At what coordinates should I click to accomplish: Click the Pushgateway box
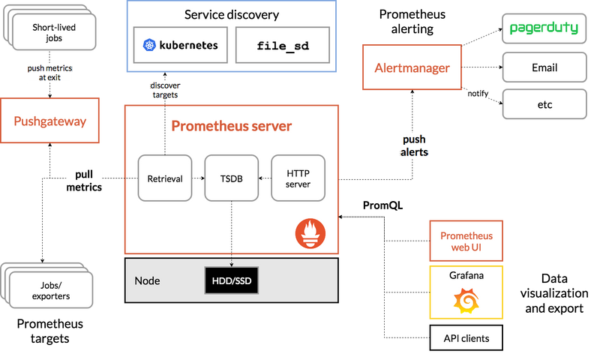[50, 121]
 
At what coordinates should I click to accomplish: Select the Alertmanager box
[412, 68]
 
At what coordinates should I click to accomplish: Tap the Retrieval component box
[165, 178]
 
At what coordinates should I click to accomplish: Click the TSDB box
[231, 178]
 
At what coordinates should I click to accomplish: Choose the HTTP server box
[298, 178]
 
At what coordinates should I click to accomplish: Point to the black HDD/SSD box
[231, 280]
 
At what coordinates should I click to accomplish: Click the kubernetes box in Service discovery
[180, 46]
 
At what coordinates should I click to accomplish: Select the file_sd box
[282, 46]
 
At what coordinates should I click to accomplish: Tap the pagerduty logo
[544, 28]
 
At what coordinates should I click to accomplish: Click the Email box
[544, 67]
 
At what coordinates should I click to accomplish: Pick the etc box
[544, 104]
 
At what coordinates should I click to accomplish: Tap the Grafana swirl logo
[466, 301]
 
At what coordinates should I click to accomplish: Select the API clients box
[466, 338]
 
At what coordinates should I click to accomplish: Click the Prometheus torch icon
[307, 233]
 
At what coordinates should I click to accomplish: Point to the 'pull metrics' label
[83, 181]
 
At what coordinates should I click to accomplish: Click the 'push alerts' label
[414, 145]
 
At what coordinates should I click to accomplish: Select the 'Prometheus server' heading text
[231, 125]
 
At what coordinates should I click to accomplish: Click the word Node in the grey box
[147, 280]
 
